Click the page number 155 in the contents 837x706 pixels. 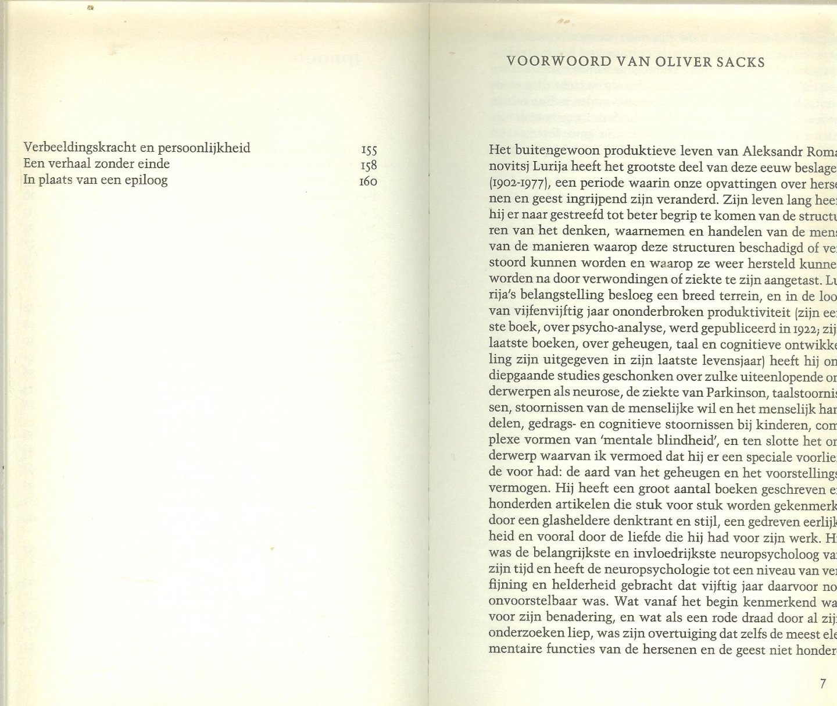pos(369,148)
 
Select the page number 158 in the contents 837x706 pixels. pos(369,165)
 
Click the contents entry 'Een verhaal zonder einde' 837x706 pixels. pos(96,164)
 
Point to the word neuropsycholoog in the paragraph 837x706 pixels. pos(755,553)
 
